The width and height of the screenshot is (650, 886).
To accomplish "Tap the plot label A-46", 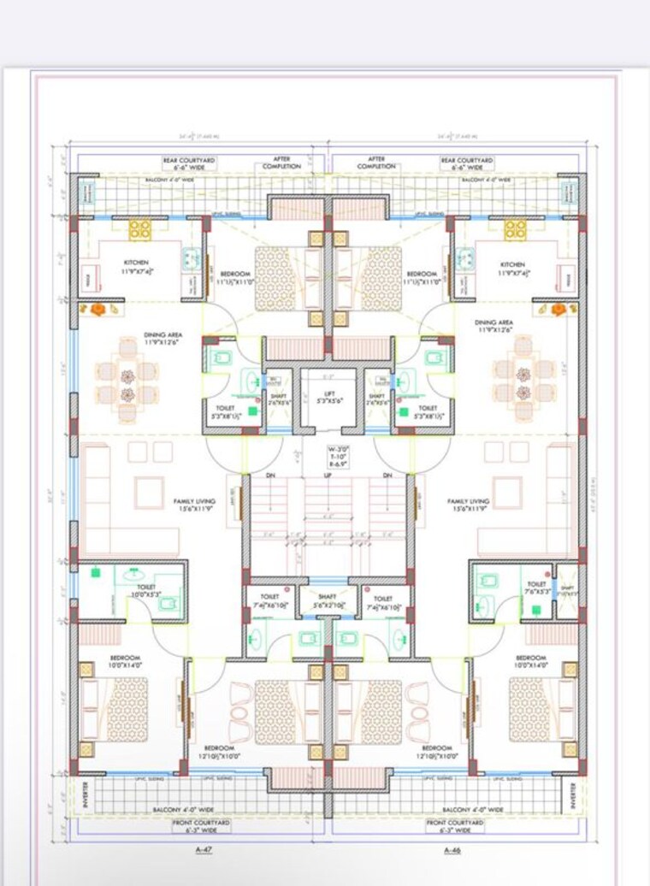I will [453, 850].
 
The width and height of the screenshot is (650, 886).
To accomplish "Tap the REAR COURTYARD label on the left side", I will [190, 163].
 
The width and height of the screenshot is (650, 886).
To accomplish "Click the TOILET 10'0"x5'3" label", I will [135, 590].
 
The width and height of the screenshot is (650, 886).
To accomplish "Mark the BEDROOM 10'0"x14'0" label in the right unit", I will [531, 661].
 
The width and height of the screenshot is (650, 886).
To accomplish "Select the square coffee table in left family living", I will [150, 492].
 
